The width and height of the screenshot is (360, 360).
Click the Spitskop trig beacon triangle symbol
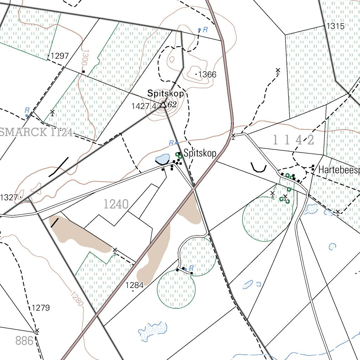coord(163,104)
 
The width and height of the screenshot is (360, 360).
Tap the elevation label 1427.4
coord(143,106)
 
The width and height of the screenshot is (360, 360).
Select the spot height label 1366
coord(207,75)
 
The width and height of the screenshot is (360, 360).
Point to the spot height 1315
coord(335,26)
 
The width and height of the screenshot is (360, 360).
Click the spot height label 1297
coord(60,56)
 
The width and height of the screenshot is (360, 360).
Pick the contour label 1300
coord(84,57)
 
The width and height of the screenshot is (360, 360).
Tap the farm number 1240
coord(116,204)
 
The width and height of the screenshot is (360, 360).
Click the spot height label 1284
coord(135,285)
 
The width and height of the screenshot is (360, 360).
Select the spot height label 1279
coord(41,308)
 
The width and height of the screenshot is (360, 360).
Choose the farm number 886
coord(25,340)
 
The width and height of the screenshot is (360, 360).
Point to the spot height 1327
coord(9,197)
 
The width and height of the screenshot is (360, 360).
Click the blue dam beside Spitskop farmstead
coord(162,159)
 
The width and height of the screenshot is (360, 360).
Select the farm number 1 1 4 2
coord(294,140)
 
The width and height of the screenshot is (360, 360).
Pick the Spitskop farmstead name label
coord(200,153)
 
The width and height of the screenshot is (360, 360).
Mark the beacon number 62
coord(172,104)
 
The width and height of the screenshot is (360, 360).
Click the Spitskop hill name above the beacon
coord(166,94)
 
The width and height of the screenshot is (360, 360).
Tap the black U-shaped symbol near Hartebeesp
coord(259,167)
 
